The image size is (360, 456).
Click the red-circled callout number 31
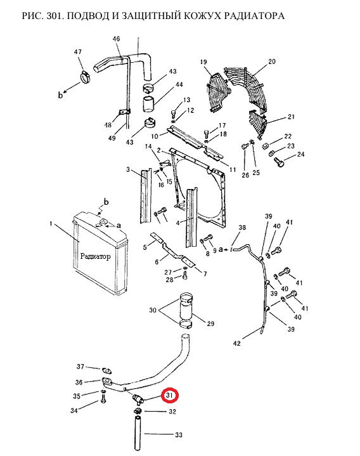(x=169, y=396)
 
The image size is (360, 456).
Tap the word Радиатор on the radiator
(x=95, y=256)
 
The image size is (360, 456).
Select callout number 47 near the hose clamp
(x=78, y=52)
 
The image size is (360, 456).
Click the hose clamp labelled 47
(x=86, y=77)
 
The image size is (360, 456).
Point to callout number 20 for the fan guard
(x=272, y=62)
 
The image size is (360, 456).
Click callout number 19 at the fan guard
(x=203, y=62)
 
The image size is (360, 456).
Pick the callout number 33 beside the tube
(x=178, y=435)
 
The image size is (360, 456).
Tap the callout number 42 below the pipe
(x=237, y=343)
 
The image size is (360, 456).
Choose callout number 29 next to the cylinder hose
(x=210, y=323)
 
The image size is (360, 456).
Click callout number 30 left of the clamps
(x=153, y=310)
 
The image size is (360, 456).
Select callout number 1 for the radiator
(x=51, y=224)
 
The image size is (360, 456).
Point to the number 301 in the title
(x=55, y=16)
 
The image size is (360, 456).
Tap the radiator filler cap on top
(x=103, y=223)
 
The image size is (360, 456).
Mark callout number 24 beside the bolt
(x=300, y=154)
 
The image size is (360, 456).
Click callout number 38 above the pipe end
(x=242, y=228)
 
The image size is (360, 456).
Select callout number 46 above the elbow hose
(x=116, y=39)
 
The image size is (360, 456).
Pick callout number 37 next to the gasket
(x=80, y=367)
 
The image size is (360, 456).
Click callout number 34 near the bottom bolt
(x=74, y=410)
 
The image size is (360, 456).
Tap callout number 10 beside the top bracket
(x=155, y=136)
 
